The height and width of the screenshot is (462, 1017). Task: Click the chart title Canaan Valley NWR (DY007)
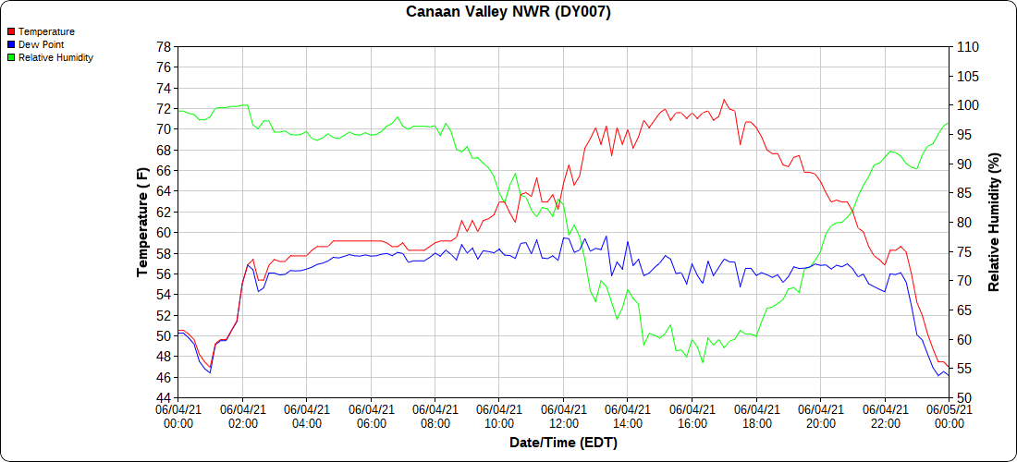tap(508, 12)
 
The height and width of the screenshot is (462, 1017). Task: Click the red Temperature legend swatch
tap(10, 32)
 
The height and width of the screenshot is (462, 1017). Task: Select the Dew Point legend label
tap(41, 44)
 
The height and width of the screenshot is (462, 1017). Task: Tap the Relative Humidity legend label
tap(55, 57)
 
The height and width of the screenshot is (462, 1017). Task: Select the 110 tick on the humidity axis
tap(967, 47)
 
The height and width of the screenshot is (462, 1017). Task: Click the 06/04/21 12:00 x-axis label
tap(563, 417)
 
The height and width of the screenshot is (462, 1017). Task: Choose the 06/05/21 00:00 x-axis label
tap(949, 417)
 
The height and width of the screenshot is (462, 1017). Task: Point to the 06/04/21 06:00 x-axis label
tap(371, 417)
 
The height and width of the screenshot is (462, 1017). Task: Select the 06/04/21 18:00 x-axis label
tap(756, 417)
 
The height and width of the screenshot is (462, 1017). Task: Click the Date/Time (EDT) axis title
tap(563, 443)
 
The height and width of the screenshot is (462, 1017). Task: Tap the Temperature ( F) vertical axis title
tap(142, 223)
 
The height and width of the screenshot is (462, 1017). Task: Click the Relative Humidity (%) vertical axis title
tap(995, 223)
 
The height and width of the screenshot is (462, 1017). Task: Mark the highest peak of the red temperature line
tap(724, 99)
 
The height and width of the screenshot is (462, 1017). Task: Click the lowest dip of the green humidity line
tap(703, 362)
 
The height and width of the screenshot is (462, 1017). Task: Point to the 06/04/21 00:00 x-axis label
tap(178, 417)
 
